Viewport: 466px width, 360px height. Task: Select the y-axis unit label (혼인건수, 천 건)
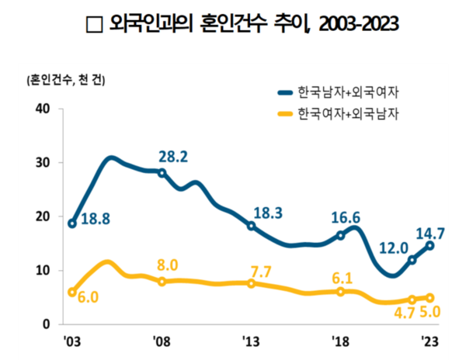coord(67,80)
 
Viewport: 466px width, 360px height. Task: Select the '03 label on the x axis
coord(71,341)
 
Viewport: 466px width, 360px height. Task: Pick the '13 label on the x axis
coord(250,341)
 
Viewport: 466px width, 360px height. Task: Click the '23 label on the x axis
coord(429,341)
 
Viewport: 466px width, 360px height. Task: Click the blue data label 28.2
coord(173,156)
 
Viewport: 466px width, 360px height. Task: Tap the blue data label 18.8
coord(95,220)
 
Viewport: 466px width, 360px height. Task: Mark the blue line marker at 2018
coord(340,235)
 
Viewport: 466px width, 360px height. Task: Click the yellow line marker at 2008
coord(162,281)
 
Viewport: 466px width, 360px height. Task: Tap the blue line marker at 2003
coord(72,223)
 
